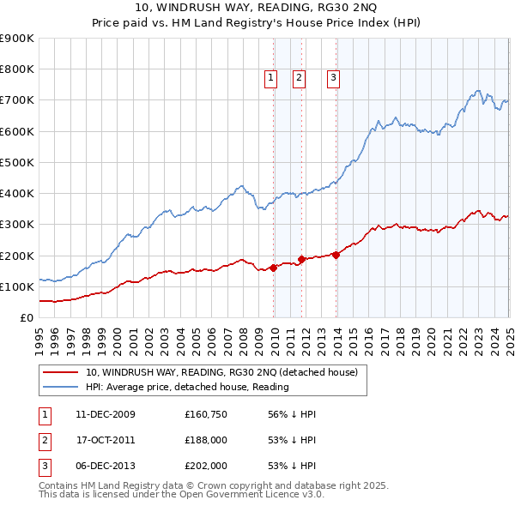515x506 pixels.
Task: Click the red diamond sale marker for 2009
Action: [x=274, y=268]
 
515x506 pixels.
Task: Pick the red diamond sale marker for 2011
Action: [x=302, y=259]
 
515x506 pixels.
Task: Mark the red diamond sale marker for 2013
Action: [x=336, y=255]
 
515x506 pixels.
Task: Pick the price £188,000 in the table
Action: [x=206, y=440]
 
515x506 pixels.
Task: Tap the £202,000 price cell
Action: [x=206, y=466]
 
